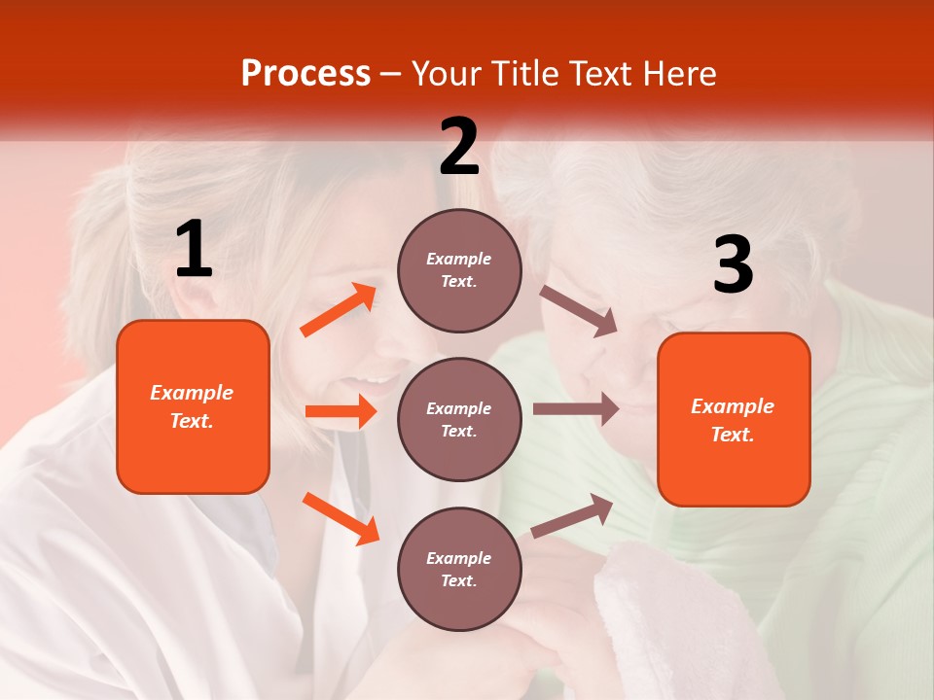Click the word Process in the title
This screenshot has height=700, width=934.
pos(305,74)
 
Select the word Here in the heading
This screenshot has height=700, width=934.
pos(680,74)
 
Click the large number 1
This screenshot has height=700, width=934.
pos(194,249)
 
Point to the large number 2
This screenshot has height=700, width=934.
pos(459,147)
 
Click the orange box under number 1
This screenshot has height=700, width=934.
pos(193,406)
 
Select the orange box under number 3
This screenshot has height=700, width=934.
pos(734,419)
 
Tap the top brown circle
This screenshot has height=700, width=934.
pos(459,270)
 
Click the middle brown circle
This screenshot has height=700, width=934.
pos(459,419)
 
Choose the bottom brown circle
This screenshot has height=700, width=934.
pos(459,569)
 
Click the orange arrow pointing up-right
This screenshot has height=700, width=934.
pos(339,310)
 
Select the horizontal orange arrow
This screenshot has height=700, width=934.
pos(341,412)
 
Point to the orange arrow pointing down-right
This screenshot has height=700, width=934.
pos(341,518)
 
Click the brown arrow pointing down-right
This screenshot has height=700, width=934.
pos(579,311)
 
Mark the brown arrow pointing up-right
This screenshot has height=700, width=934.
pos(572,515)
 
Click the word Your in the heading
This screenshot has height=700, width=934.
pos(446,74)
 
